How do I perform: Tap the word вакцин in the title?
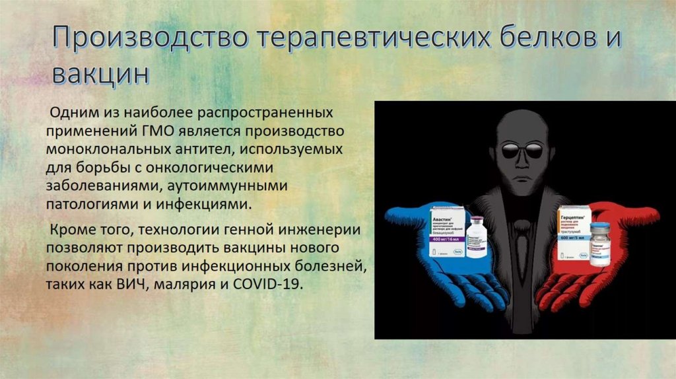100,74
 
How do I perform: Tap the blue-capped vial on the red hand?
599,244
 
